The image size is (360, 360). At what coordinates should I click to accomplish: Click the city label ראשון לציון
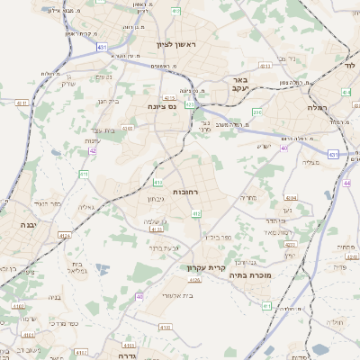[175, 43]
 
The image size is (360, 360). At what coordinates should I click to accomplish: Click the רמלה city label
[340, 106]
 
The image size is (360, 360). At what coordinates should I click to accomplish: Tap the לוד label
[349, 67]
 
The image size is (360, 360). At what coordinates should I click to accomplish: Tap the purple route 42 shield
[93, 150]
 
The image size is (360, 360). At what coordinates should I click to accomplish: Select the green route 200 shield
[257, 112]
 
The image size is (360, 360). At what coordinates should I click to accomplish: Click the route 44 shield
[346, 183]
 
